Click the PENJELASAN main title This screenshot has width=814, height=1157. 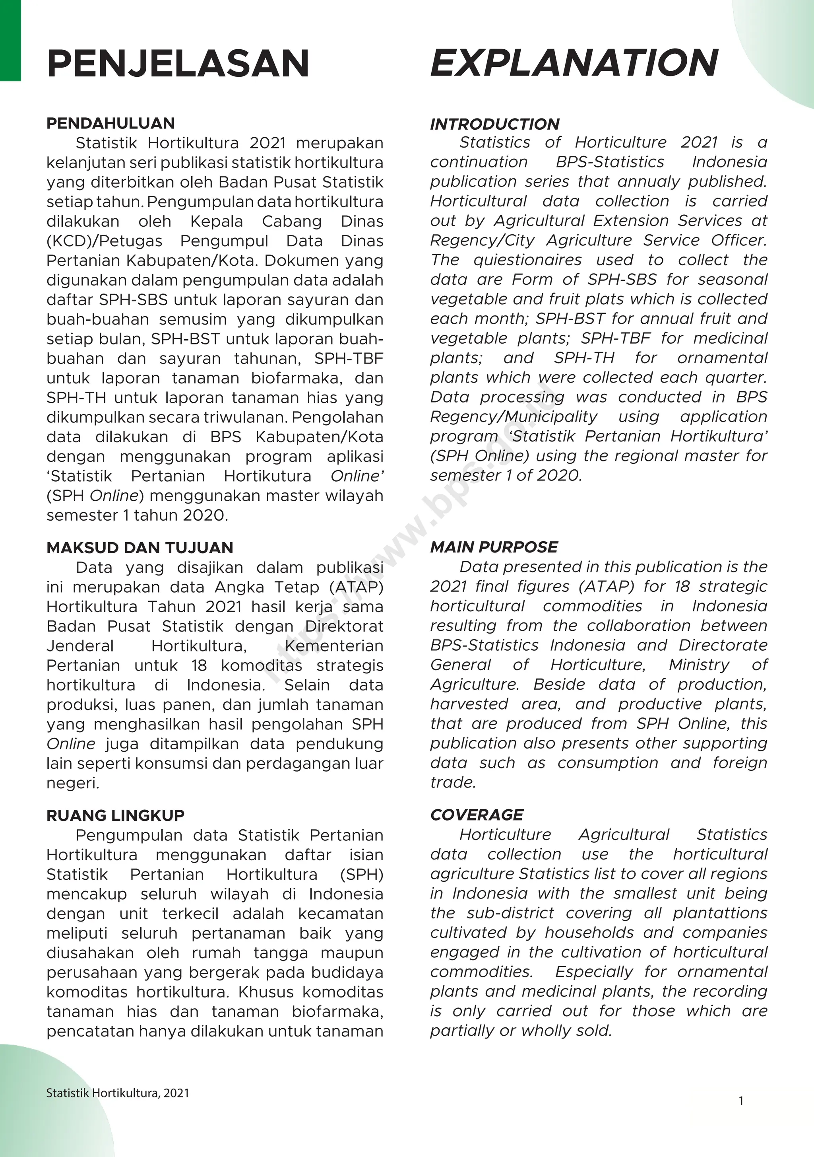(x=178, y=64)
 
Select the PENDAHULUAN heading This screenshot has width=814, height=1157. (x=110, y=123)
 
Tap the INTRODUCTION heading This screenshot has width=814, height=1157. (x=495, y=124)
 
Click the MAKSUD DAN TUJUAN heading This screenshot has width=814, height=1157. (x=140, y=548)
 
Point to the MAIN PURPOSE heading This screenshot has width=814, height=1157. (x=494, y=547)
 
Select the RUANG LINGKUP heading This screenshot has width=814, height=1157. (x=115, y=815)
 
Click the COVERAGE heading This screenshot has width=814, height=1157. (x=477, y=815)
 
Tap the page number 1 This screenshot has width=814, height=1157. (x=741, y=1101)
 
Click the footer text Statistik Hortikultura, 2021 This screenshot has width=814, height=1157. (x=117, y=1093)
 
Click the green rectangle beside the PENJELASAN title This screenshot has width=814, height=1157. (x=10, y=40)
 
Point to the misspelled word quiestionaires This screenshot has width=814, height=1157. (x=527, y=260)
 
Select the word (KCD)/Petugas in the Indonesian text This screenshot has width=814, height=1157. (x=104, y=241)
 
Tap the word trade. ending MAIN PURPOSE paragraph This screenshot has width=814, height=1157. (x=453, y=782)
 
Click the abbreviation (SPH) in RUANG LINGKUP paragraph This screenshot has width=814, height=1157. (x=362, y=874)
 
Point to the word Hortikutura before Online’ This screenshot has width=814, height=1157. (x=267, y=476)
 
